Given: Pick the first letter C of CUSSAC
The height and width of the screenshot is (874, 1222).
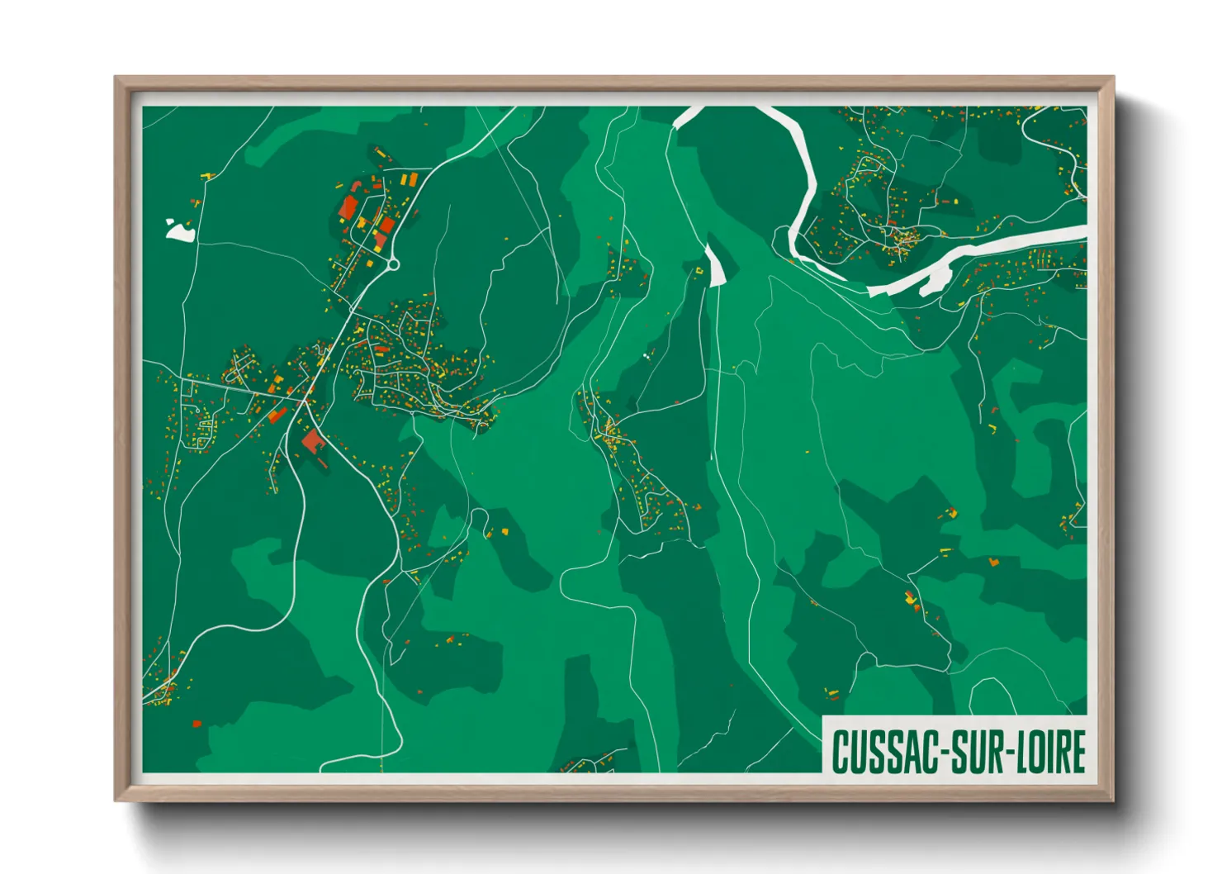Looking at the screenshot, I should [x=841, y=752].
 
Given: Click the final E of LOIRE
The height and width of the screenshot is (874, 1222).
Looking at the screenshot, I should [x=1077, y=752].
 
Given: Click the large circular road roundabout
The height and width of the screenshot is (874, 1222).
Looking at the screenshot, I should [x=393, y=264].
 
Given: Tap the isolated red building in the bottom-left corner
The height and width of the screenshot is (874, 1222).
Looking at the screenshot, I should [x=197, y=724].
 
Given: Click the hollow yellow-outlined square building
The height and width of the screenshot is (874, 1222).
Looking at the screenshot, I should [x=699, y=268].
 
